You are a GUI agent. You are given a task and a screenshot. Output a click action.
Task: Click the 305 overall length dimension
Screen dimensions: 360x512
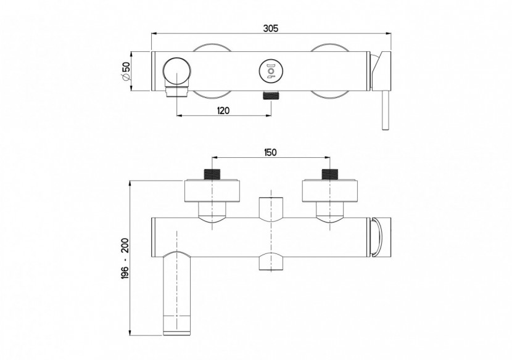tap(270, 28)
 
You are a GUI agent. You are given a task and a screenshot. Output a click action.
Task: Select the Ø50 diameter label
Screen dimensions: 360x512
tap(126, 72)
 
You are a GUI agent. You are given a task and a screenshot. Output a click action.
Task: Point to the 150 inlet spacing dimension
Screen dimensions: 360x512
tap(270, 152)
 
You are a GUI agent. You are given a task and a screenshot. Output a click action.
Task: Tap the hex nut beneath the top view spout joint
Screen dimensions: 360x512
tap(176, 93)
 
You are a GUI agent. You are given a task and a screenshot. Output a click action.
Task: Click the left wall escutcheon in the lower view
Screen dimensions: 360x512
tap(212, 190)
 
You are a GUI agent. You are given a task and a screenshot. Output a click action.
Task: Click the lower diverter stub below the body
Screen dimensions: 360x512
tap(270, 261)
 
